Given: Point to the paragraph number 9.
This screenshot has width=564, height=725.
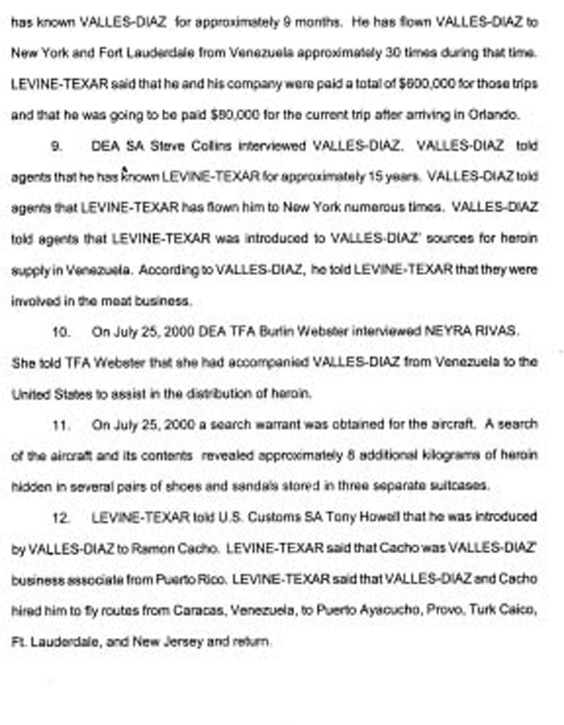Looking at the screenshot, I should point(57,146).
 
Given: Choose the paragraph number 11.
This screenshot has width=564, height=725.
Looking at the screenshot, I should point(60,424).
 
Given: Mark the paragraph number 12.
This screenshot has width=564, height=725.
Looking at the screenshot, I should point(60,517).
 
